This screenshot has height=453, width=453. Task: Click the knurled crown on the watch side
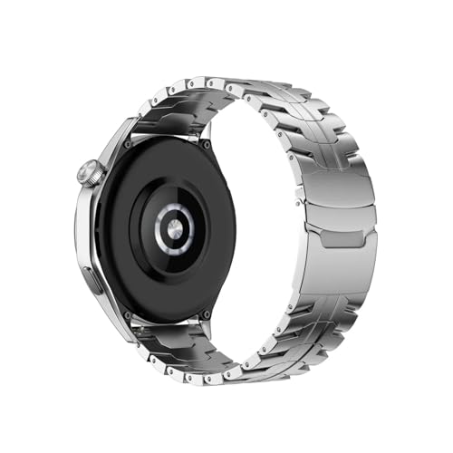coord(88,173)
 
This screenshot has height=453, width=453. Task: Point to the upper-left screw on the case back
coord(127,144)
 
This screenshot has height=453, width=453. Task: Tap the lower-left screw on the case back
coord(127,314)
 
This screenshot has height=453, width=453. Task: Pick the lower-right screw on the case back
coord(207,311)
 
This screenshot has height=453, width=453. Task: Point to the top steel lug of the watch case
coord(118,136)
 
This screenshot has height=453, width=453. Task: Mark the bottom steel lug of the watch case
coord(118,322)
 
